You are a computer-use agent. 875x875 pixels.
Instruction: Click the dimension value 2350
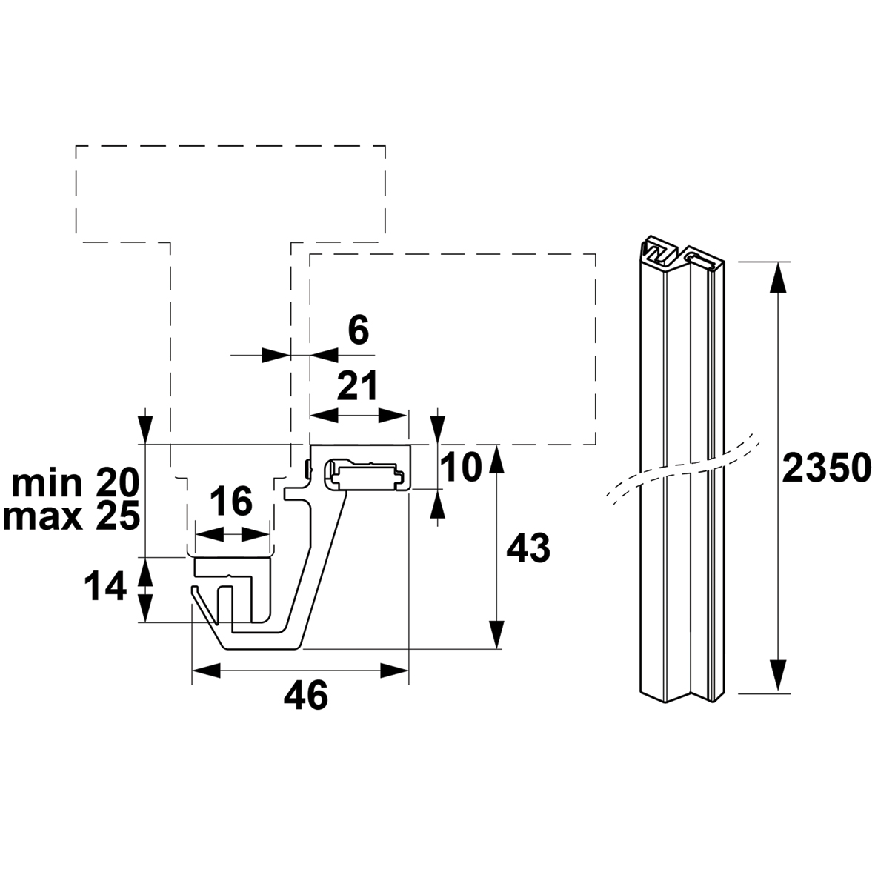tap(826, 468)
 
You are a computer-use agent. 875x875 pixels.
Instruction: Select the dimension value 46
tap(306, 696)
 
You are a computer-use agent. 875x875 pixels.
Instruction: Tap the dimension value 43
tap(528, 548)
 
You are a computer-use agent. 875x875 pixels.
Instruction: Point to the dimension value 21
tap(358, 385)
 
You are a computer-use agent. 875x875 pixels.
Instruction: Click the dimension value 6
tap(359, 330)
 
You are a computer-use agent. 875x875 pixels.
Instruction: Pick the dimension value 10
tap(460, 467)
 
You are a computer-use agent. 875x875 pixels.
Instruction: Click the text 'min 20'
tap(76, 483)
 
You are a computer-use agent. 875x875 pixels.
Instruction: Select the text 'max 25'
tap(71, 517)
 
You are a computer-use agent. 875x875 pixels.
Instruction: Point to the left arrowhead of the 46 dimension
tap(207, 671)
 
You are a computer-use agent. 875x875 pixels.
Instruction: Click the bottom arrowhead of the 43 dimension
tap(496, 634)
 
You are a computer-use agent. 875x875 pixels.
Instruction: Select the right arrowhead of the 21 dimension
tap(393, 416)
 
